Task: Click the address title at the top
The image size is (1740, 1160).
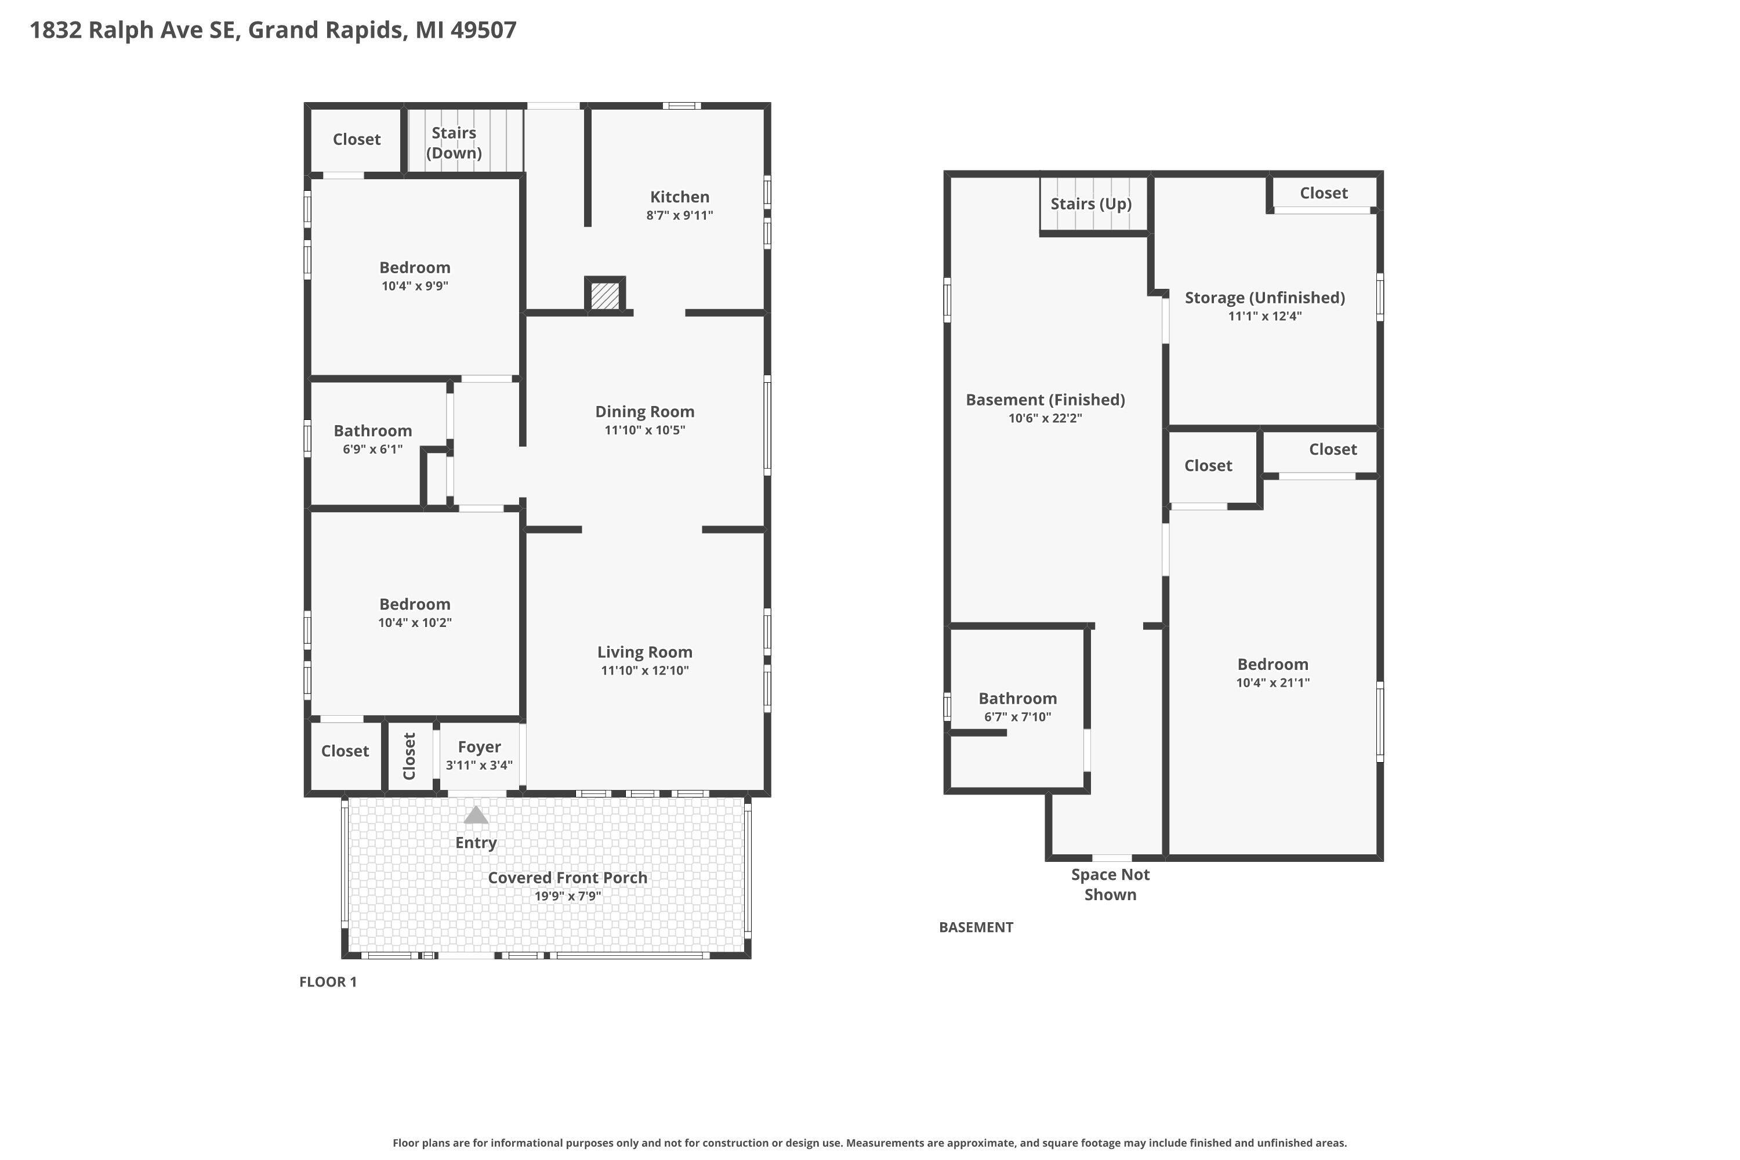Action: point(273,30)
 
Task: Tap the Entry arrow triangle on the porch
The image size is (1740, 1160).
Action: point(476,816)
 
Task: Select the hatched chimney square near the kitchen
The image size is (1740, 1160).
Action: point(605,295)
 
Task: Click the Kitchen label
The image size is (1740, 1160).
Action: point(679,197)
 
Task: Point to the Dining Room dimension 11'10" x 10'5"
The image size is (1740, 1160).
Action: point(644,430)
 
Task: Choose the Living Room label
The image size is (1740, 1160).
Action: point(644,652)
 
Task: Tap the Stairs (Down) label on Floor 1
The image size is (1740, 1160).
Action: point(454,143)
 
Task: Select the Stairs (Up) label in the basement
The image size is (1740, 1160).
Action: point(1090,204)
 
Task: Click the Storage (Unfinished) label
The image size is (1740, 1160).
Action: point(1264,298)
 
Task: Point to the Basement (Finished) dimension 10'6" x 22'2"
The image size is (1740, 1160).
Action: point(1045,419)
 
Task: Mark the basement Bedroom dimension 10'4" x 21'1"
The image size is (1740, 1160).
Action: point(1273,683)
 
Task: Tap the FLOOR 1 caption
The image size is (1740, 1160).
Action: point(328,983)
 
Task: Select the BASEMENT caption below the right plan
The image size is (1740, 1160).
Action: point(976,927)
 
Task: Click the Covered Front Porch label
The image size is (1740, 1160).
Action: point(567,878)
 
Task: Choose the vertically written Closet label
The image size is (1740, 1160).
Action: point(409,756)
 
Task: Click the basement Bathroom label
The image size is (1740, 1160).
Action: point(1017,699)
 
